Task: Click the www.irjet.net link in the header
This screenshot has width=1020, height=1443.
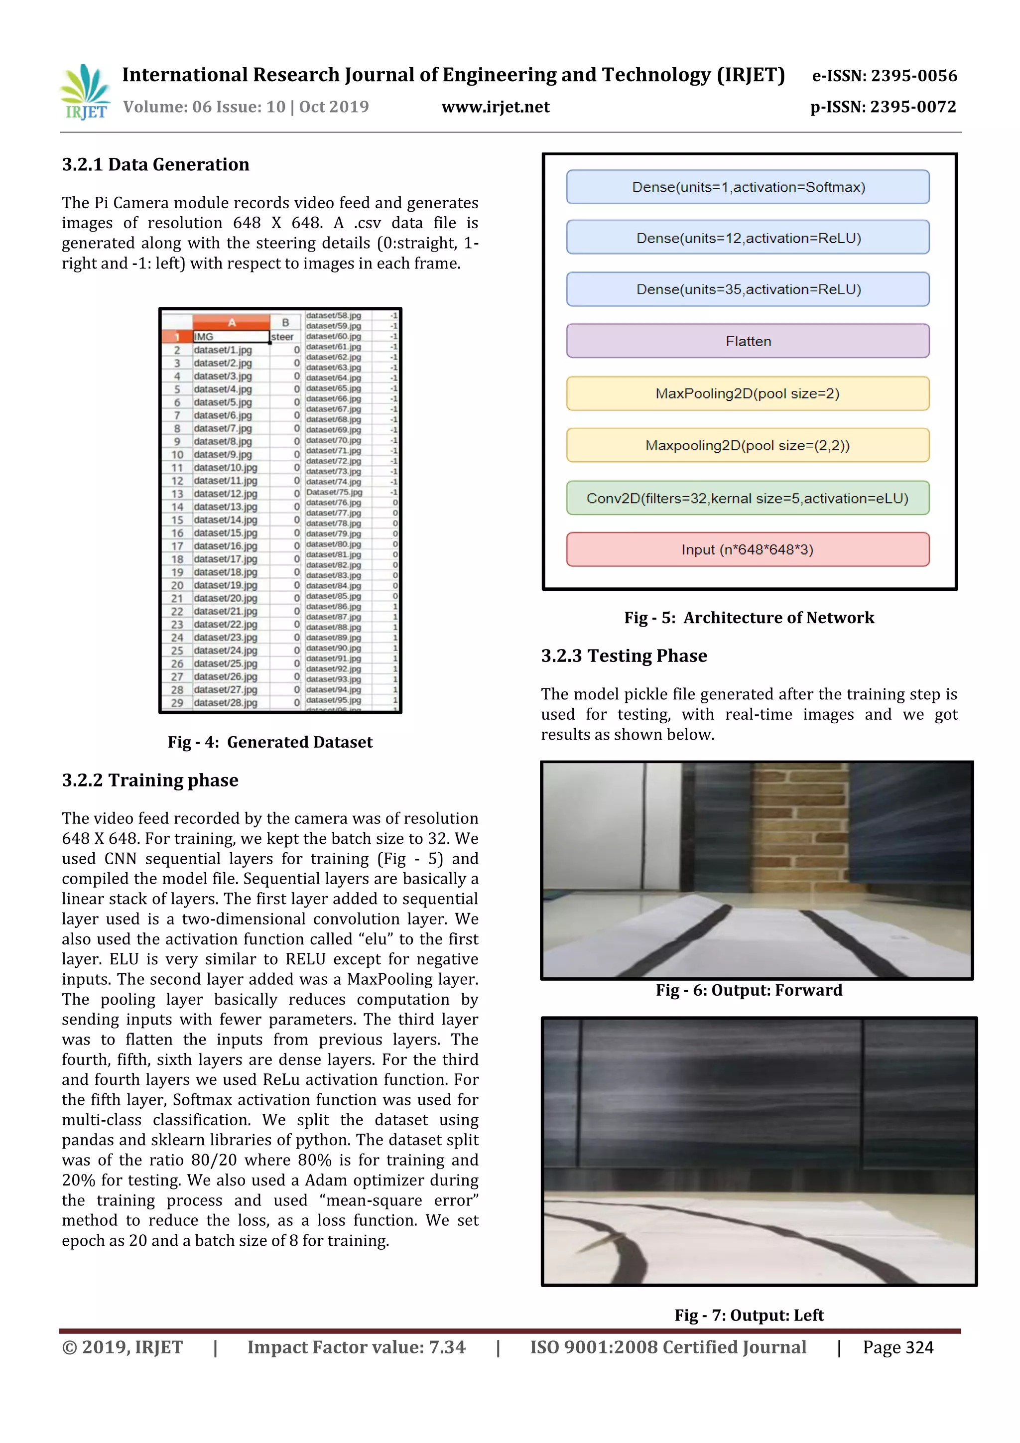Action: [495, 107]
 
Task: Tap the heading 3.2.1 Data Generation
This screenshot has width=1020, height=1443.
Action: [155, 165]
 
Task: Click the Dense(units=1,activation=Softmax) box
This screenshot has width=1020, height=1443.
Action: [747, 187]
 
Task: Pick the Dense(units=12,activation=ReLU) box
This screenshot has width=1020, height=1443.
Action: [747, 238]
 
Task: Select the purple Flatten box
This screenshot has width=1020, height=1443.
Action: [747, 341]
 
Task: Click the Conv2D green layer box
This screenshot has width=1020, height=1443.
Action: [747, 498]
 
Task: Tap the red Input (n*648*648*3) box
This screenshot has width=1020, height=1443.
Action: [747, 549]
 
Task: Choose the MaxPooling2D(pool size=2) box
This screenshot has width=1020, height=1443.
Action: [747, 394]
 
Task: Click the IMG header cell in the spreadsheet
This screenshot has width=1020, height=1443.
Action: [230, 337]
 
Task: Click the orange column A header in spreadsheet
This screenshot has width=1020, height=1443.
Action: [231, 322]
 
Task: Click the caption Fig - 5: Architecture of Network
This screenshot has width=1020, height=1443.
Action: [749, 618]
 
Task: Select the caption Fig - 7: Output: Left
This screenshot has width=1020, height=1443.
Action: [749, 1315]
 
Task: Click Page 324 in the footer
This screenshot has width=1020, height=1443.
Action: [897, 1347]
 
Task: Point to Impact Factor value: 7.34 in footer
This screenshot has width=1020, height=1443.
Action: [356, 1347]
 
